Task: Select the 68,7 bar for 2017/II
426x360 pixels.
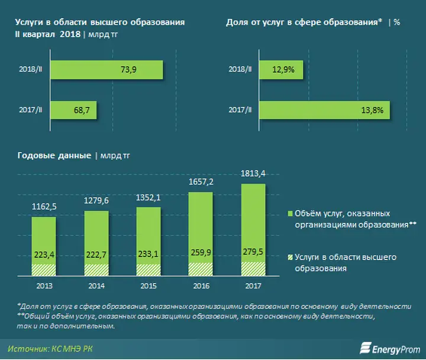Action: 74,111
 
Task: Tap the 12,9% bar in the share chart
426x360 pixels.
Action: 280,70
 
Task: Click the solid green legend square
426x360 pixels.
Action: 291,213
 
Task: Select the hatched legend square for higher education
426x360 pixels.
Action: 291,258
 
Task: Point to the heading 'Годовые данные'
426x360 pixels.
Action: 52,155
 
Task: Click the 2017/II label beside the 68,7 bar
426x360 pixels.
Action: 30,111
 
